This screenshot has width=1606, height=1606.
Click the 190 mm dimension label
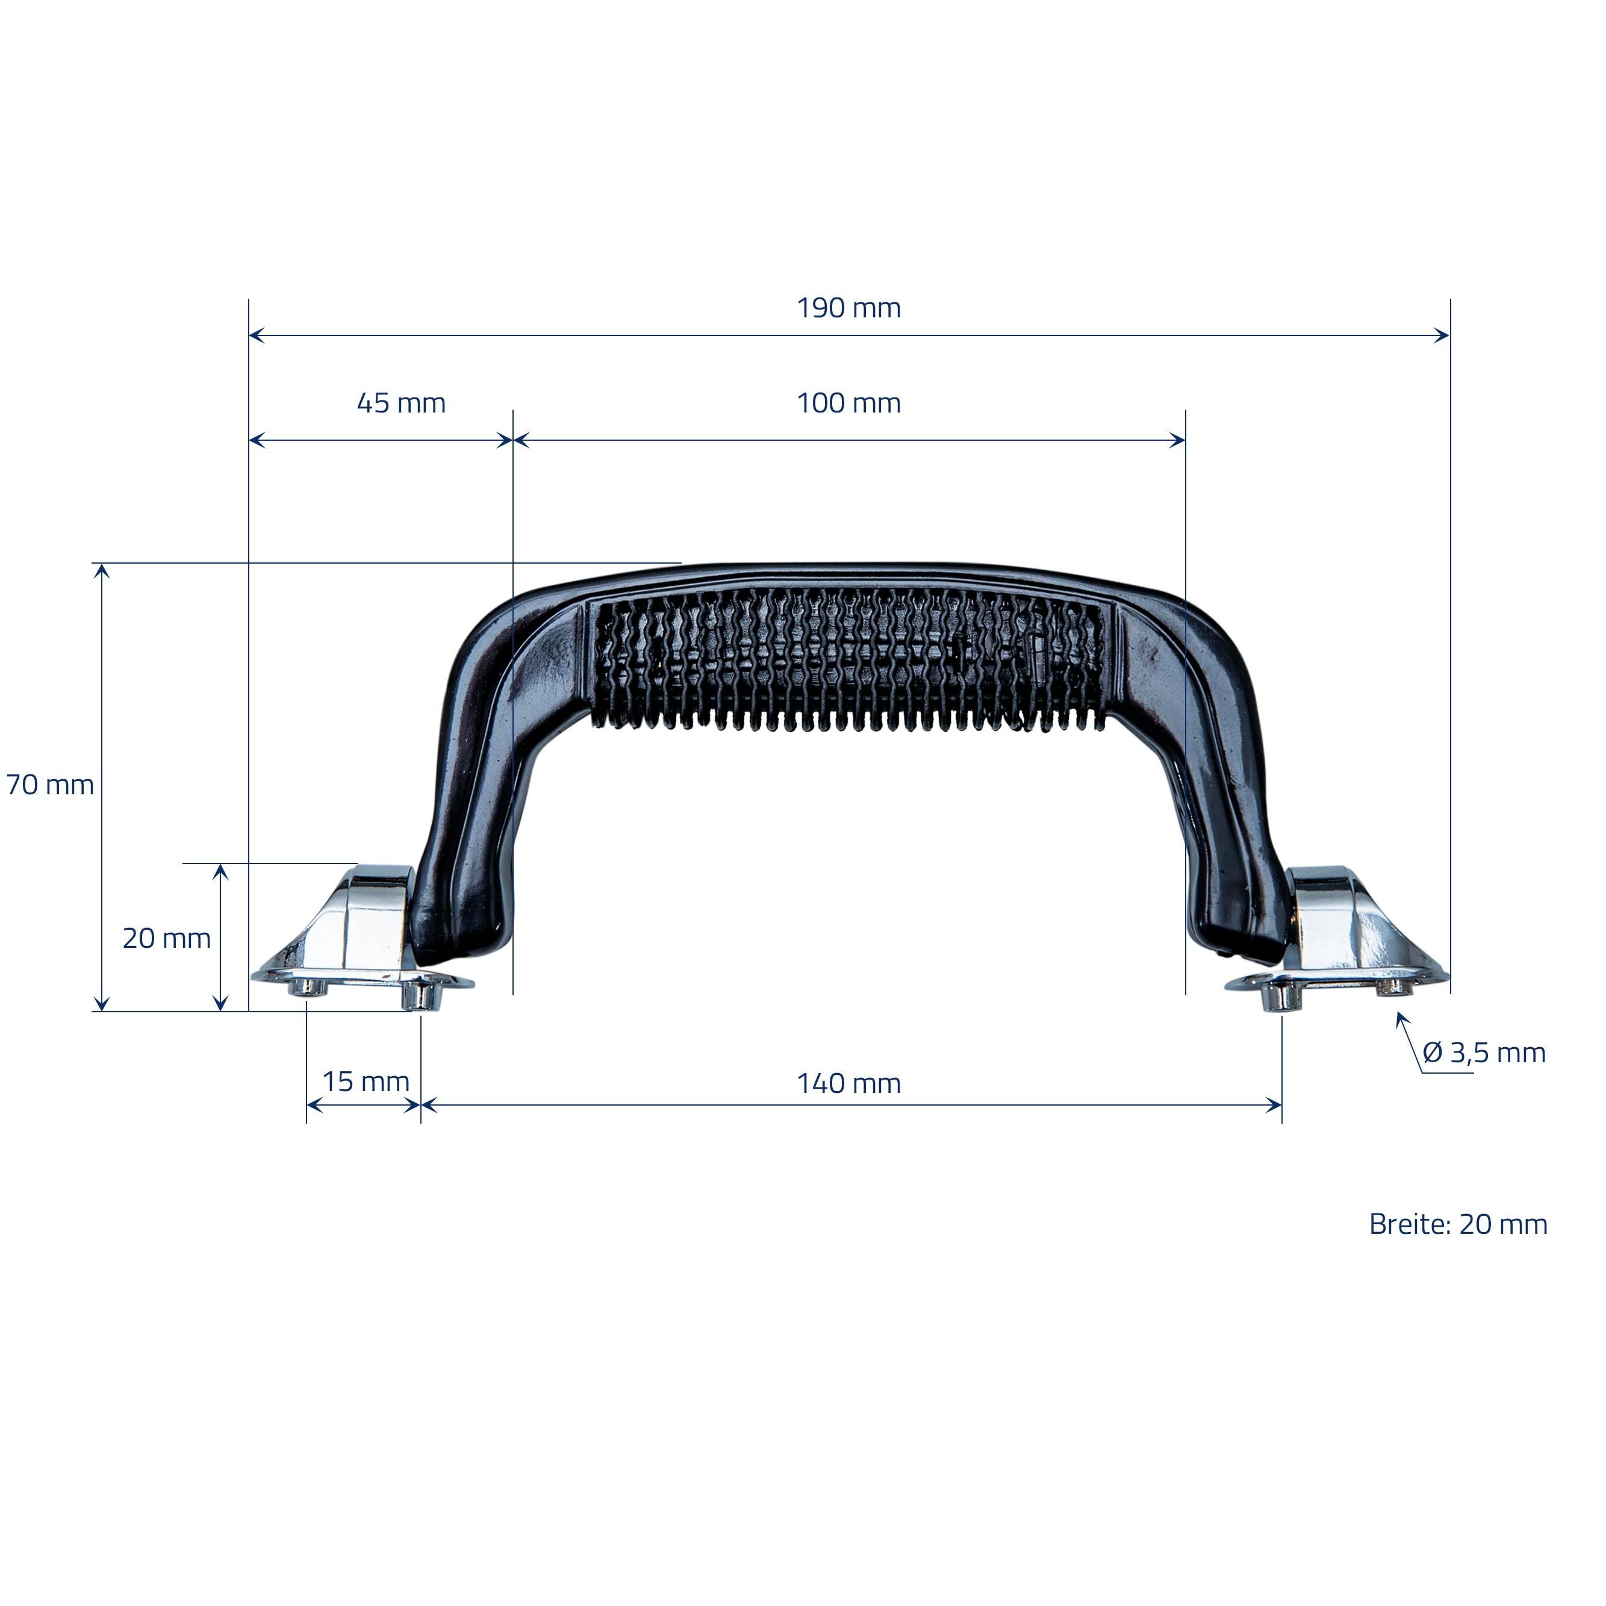pyautogui.click(x=848, y=308)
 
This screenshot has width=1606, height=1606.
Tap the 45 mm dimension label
pyautogui.click(x=402, y=403)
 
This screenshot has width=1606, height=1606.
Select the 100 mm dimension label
pyautogui.click(x=848, y=403)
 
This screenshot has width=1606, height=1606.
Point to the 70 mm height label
pyautogui.click(x=51, y=785)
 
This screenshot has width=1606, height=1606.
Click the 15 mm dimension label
pyautogui.click(x=366, y=1082)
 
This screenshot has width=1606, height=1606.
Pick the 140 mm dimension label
pyautogui.click(x=848, y=1083)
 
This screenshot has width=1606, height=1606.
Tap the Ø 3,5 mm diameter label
pyautogui.click(x=1484, y=1053)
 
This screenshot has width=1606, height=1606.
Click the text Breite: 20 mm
pyautogui.click(x=1458, y=1224)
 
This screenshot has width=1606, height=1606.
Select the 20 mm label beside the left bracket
pyautogui.click(x=167, y=939)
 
